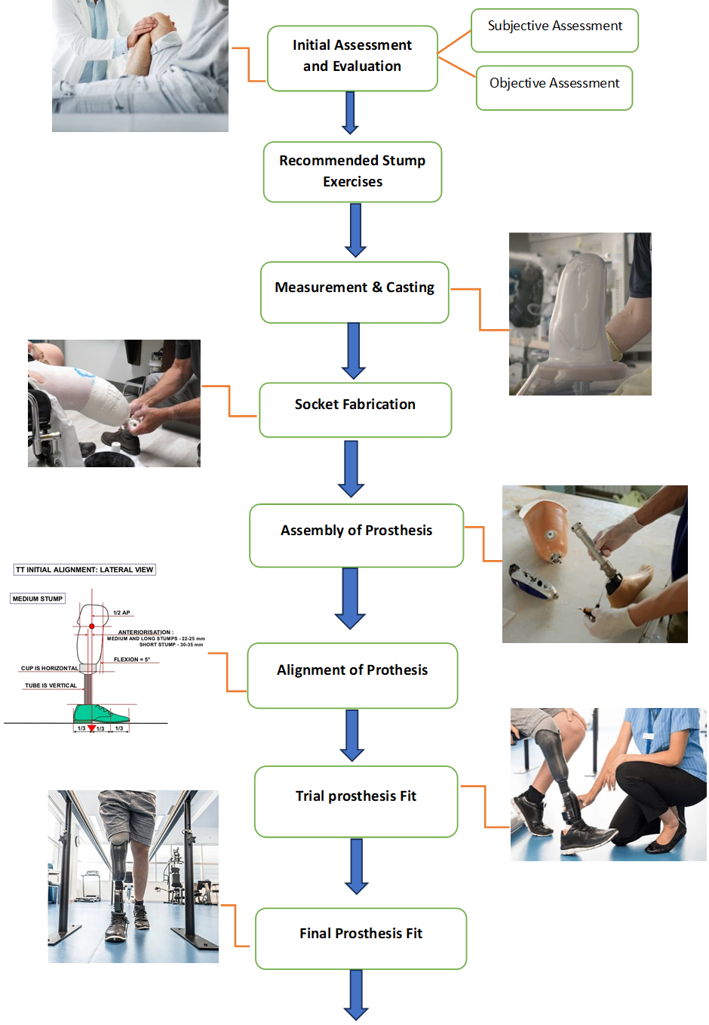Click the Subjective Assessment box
tap(554, 30)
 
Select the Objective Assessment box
tap(554, 88)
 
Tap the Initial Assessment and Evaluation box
tap(352, 58)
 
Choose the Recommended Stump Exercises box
tap(352, 171)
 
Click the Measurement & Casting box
tap(354, 292)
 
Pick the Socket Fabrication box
tap(355, 410)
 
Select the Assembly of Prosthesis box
tap(357, 535)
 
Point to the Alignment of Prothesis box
tap(352, 676)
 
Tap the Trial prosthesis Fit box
tap(356, 802)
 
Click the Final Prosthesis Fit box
tap(361, 938)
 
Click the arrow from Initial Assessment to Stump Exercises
tap(350, 112)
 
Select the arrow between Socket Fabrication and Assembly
tap(351, 469)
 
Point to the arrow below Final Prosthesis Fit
tap(356, 995)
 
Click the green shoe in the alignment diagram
tap(100, 714)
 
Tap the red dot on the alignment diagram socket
tap(92, 626)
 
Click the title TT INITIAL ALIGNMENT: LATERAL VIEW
tap(84, 570)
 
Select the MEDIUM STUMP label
tap(38, 599)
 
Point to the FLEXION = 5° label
tap(132, 660)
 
